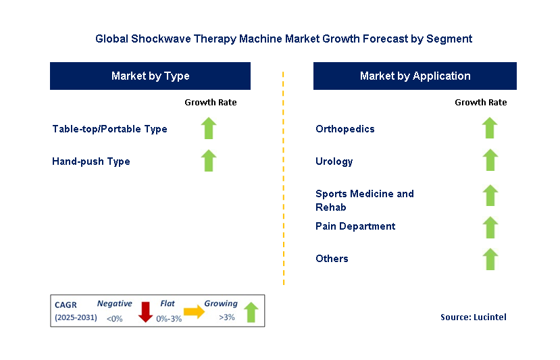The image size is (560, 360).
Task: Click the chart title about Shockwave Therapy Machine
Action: pyautogui.click(x=284, y=38)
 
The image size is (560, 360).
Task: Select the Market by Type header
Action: pyautogui.click(x=150, y=76)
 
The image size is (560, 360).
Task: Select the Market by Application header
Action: pyautogui.click(x=415, y=76)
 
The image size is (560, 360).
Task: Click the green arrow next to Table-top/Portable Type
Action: pyautogui.click(x=209, y=128)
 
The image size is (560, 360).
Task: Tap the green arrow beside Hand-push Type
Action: pyautogui.click(x=209, y=161)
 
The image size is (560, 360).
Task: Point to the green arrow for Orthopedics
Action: pyautogui.click(x=490, y=128)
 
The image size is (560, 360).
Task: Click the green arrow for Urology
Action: pyautogui.click(x=490, y=161)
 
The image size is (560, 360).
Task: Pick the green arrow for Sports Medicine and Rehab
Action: pyautogui.click(x=490, y=195)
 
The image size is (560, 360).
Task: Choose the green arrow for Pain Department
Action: pyautogui.click(x=490, y=227)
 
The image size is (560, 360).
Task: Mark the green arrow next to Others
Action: pyautogui.click(x=490, y=259)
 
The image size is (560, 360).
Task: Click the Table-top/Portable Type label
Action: pyautogui.click(x=109, y=129)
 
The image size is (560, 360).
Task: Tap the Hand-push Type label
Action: pyautogui.click(x=91, y=161)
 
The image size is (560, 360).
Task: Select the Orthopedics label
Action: pyautogui.click(x=345, y=129)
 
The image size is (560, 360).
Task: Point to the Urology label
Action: pyautogui.click(x=334, y=161)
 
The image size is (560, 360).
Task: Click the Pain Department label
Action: pyautogui.click(x=355, y=226)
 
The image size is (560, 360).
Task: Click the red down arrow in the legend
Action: pyautogui.click(x=145, y=312)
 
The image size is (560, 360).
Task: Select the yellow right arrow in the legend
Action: pyautogui.click(x=194, y=311)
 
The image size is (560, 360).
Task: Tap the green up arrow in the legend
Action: pyautogui.click(x=251, y=311)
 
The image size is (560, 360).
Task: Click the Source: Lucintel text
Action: pyautogui.click(x=473, y=317)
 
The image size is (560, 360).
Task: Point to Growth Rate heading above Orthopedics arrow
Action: pyautogui.click(x=480, y=103)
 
